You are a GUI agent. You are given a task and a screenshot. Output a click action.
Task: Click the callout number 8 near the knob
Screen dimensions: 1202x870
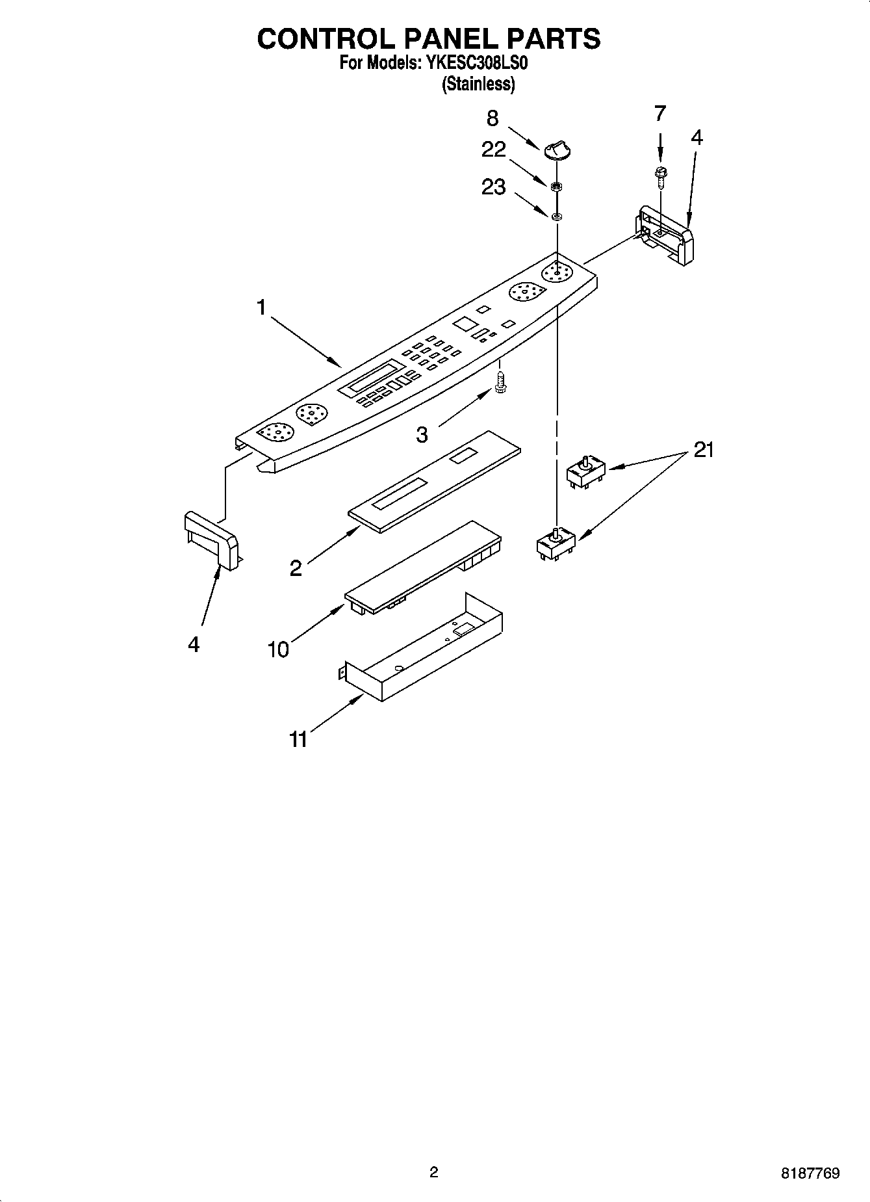pyautogui.click(x=493, y=118)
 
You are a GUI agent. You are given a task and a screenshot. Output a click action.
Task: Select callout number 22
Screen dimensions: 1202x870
pyautogui.click(x=494, y=150)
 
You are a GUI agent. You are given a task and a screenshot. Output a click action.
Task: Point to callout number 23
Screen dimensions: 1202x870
pyautogui.click(x=494, y=187)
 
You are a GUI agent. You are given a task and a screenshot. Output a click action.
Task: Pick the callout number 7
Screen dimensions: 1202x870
pyautogui.click(x=660, y=114)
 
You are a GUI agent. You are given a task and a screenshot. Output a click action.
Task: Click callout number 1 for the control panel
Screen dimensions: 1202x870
pyautogui.click(x=261, y=307)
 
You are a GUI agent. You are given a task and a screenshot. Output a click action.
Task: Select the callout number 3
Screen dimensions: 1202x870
pyautogui.click(x=422, y=435)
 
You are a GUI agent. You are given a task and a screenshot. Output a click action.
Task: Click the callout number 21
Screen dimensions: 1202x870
pyautogui.click(x=704, y=449)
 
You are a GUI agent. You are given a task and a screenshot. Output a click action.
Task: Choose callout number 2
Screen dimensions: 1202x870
pyautogui.click(x=296, y=569)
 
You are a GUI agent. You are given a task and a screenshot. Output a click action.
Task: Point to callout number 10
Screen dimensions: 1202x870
pyautogui.click(x=278, y=649)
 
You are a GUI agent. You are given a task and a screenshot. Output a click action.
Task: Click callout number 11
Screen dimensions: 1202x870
pyautogui.click(x=298, y=739)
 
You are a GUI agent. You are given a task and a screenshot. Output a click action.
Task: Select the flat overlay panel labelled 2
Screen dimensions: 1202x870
pyautogui.click(x=435, y=481)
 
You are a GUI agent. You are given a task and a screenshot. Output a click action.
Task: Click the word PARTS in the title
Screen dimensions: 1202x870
pyautogui.click(x=554, y=39)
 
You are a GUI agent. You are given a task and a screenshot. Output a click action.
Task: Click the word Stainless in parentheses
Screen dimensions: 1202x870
pyautogui.click(x=478, y=84)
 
